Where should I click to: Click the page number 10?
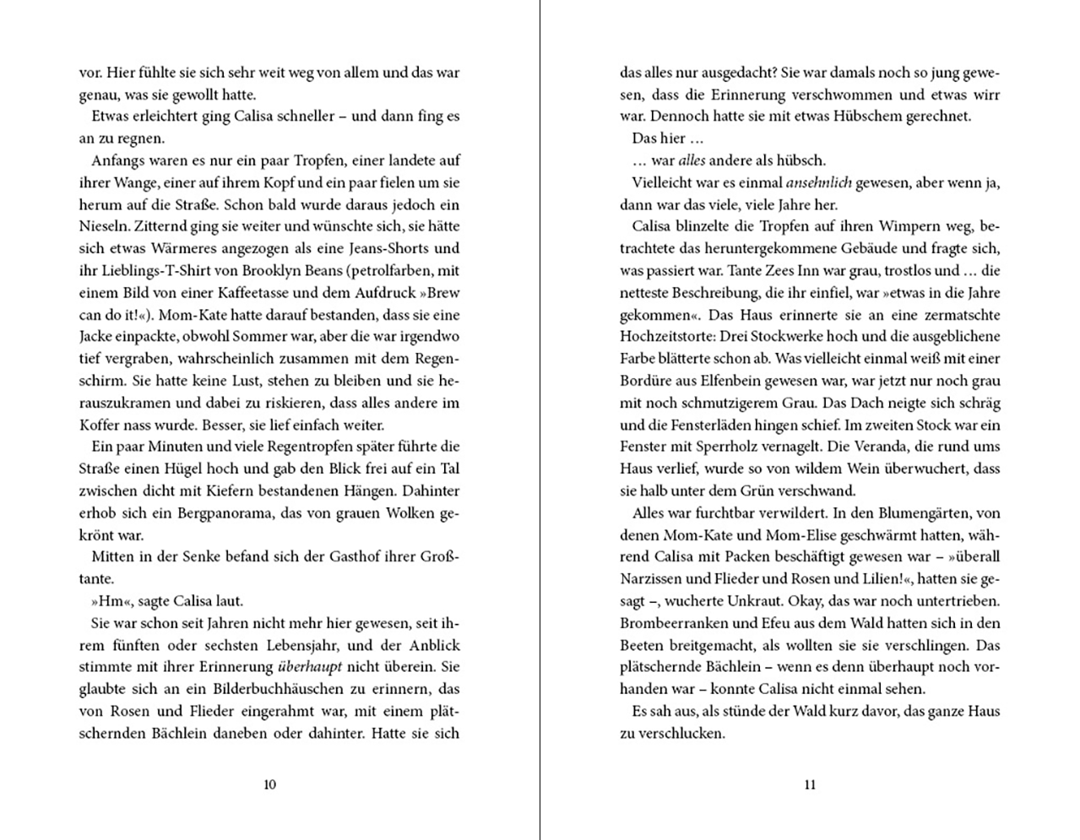point(269,784)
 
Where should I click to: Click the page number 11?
point(810,784)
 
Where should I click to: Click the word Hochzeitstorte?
point(663,336)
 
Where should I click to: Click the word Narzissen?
point(650,578)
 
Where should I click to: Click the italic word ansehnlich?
point(818,182)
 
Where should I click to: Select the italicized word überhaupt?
point(309,666)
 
